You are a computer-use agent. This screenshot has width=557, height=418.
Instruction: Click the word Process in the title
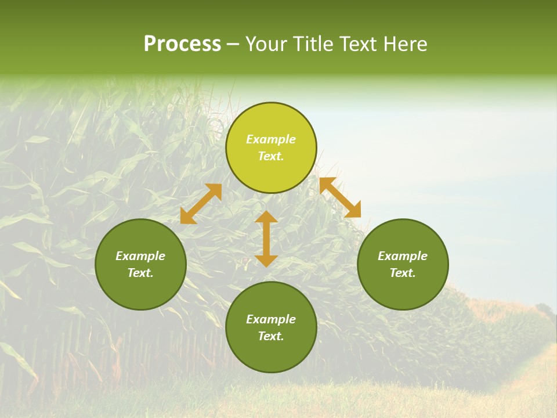(x=182, y=44)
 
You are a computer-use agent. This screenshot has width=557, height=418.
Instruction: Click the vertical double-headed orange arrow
(x=266, y=239)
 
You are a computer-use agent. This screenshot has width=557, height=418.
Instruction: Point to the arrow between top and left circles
(x=201, y=204)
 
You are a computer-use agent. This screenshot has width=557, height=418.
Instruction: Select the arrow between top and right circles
(x=340, y=197)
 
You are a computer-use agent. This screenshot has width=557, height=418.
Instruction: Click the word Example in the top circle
(x=271, y=139)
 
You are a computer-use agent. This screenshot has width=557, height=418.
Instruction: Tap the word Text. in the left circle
(x=140, y=273)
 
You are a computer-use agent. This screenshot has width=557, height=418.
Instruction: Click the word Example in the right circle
(x=403, y=256)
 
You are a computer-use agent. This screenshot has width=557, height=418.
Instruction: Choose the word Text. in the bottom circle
(x=271, y=336)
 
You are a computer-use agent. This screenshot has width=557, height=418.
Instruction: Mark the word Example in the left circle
(x=140, y=256)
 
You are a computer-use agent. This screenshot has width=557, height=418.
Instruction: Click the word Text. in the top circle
(x=271, y=156)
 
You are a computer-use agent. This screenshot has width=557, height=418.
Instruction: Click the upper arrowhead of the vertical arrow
(x=266, y=217)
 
